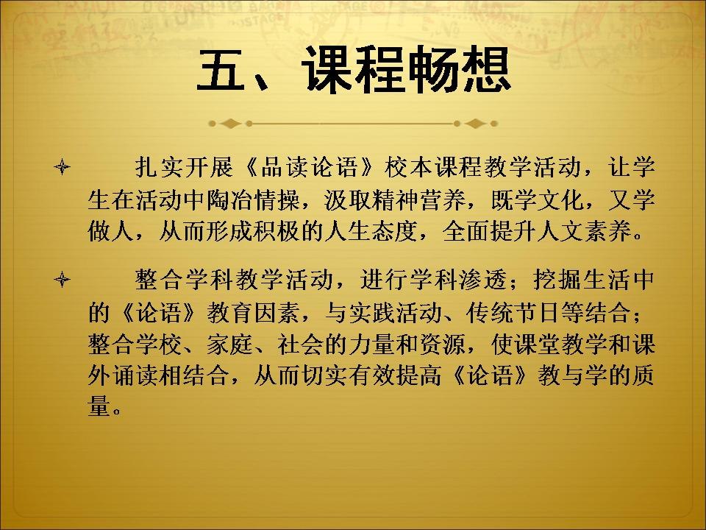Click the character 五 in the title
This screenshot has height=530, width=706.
[220, 70]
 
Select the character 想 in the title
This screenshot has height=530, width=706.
[486, 70]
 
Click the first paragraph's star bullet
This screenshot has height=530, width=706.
[62, 167]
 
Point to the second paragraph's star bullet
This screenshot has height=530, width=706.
[62, 280]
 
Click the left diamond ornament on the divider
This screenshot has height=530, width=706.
[230, 124]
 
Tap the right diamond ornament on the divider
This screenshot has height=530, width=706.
[475, 124]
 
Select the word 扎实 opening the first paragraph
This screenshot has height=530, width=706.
[159, 167]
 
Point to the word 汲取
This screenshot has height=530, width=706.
[348, 200]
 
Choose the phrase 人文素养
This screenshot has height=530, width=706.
[584, 232]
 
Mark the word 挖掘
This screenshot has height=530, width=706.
[557, 280]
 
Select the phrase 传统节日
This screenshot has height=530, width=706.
[513, 312]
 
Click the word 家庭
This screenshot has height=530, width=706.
[230, 344]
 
